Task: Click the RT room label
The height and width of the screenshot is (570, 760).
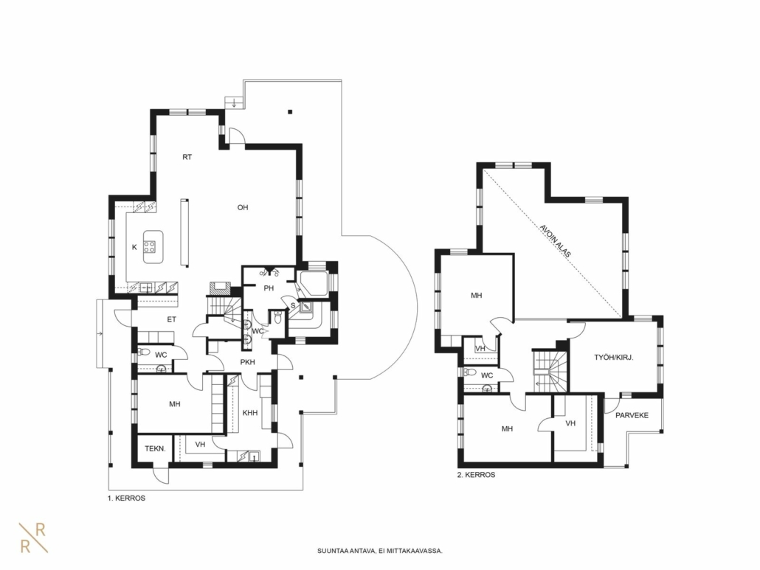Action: (187, 157)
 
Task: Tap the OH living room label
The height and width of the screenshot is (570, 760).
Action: (243, 207)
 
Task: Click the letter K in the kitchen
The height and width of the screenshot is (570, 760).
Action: (135, 247)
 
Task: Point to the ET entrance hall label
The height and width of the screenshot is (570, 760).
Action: (172, 319)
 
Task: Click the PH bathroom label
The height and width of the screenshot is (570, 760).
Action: (269, 288)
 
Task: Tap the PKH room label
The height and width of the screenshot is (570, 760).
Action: (248, 362)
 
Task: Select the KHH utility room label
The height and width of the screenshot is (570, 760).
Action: (250, 413)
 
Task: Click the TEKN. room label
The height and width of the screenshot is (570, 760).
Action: (155, 448)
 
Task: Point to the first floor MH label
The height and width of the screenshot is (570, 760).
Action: (175, 404)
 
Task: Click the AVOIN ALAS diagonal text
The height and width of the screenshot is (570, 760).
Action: (556, 240)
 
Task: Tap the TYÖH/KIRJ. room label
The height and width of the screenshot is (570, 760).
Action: (614, 358)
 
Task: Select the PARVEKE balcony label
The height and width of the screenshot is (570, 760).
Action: (632, 415)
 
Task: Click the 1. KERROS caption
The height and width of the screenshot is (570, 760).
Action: (126, 498)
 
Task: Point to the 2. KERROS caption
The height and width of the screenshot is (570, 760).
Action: (477, 475)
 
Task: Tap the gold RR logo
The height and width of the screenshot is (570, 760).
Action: (33, 538)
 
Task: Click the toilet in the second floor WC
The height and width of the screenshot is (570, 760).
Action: (469, 372)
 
